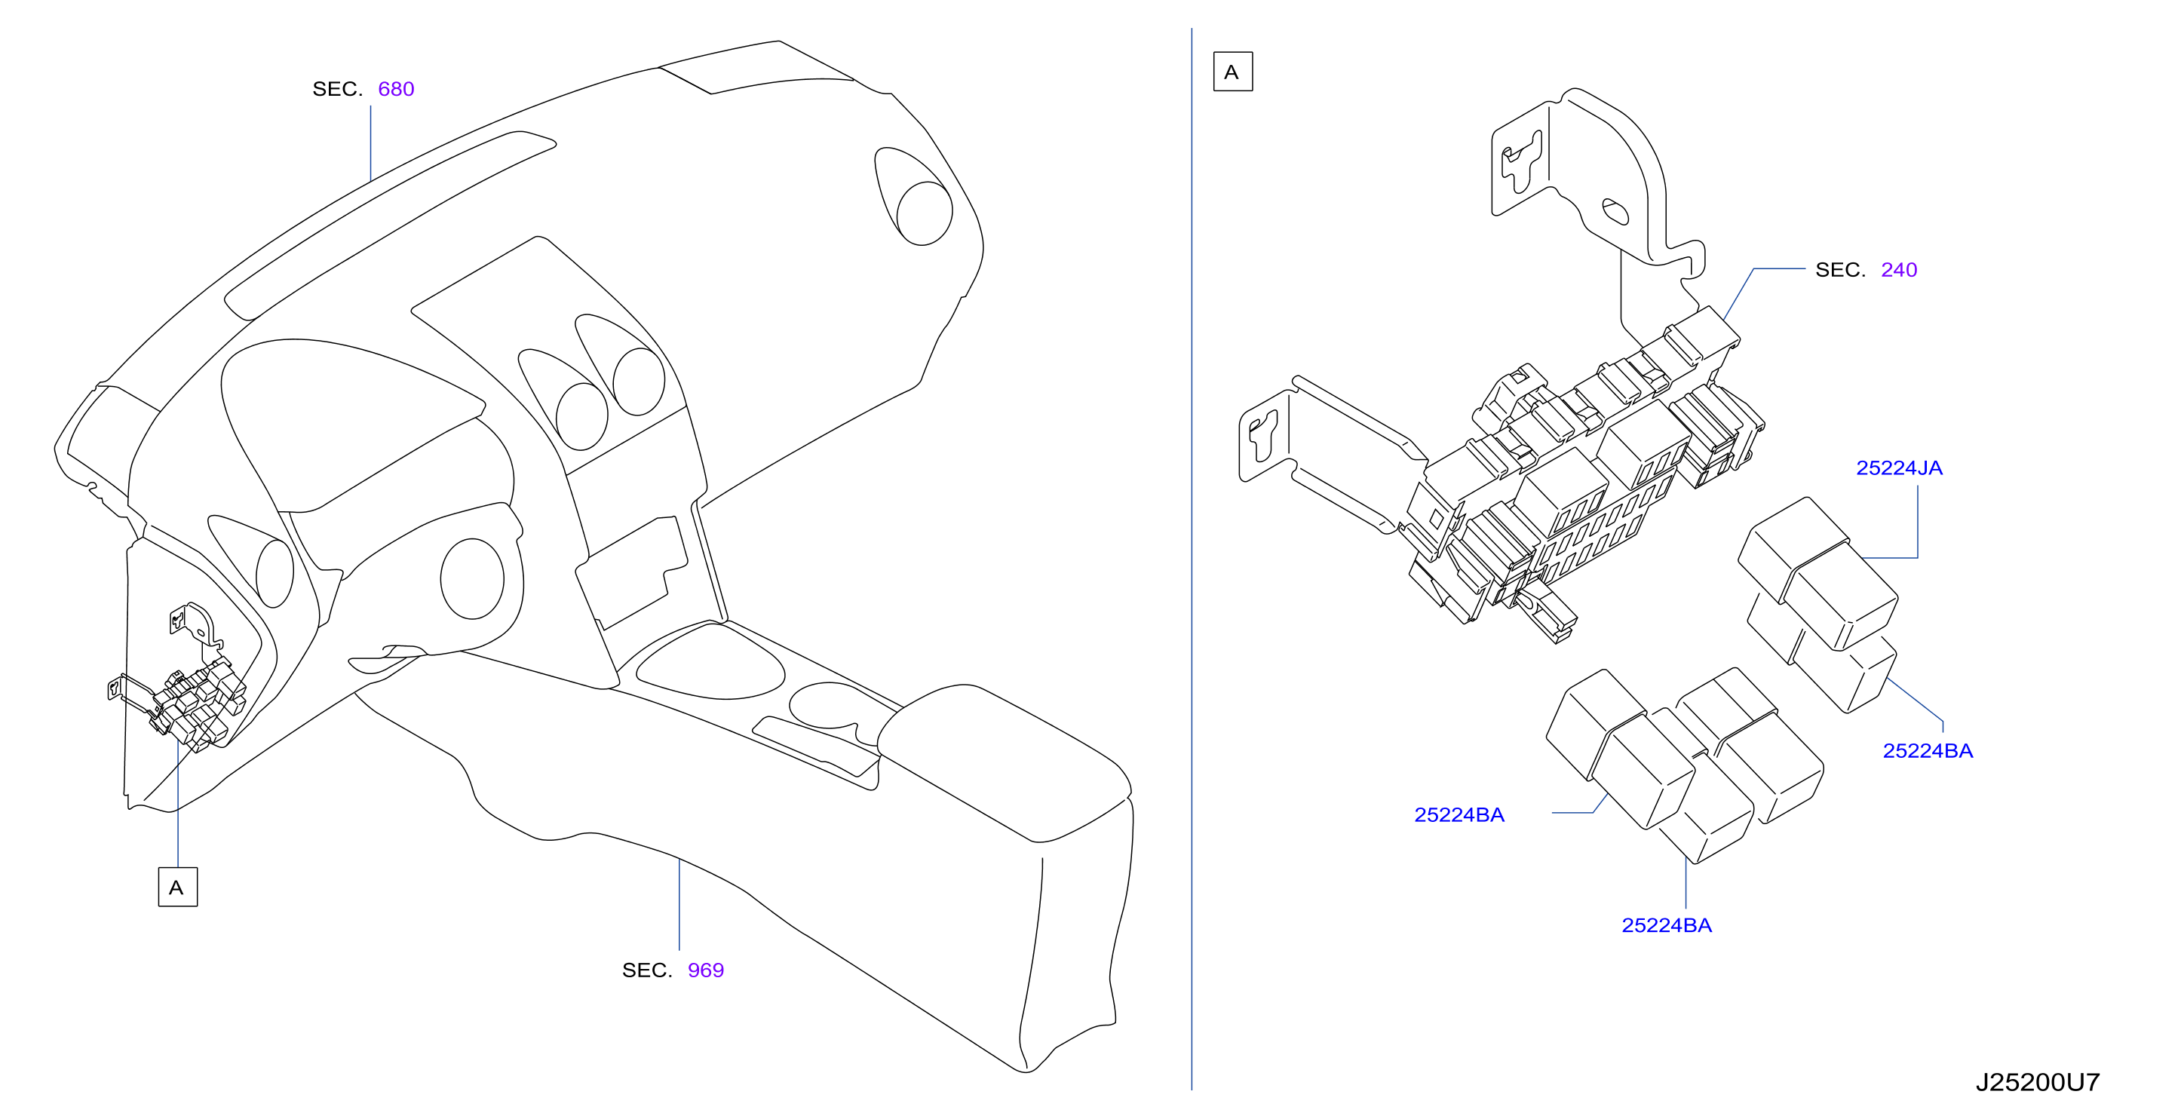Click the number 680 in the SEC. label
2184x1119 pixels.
(396, 89)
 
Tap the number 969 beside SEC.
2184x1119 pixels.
(705, 970)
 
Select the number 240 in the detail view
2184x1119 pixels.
(1898, 270)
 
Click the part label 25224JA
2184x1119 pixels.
(1899, 468)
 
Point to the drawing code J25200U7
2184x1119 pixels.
(2038, 1082)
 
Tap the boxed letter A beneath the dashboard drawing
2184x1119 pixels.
(177, 887)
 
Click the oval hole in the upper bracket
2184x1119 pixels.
(1615, 211)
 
